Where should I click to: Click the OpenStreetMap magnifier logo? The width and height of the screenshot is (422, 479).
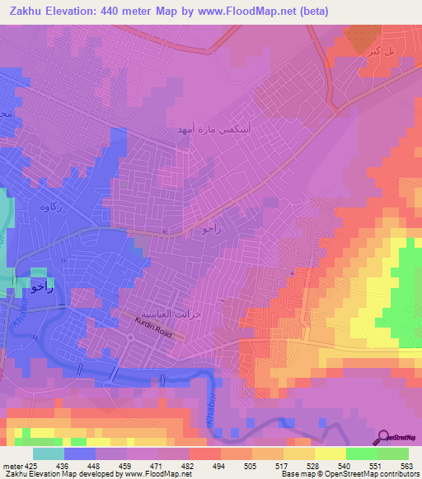(383, 436)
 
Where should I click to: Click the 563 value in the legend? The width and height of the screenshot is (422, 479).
(406, 465)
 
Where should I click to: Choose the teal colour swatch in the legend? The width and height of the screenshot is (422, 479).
(49, 453)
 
